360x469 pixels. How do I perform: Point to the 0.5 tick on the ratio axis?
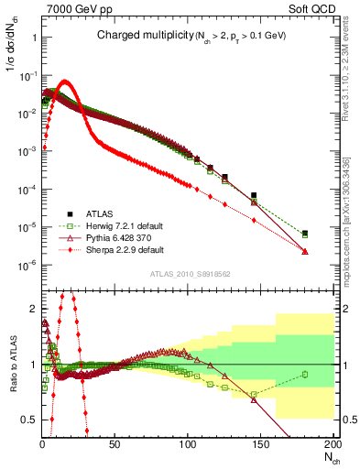coord(29,419)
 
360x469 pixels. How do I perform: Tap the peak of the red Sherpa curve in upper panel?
coord(64,82)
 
